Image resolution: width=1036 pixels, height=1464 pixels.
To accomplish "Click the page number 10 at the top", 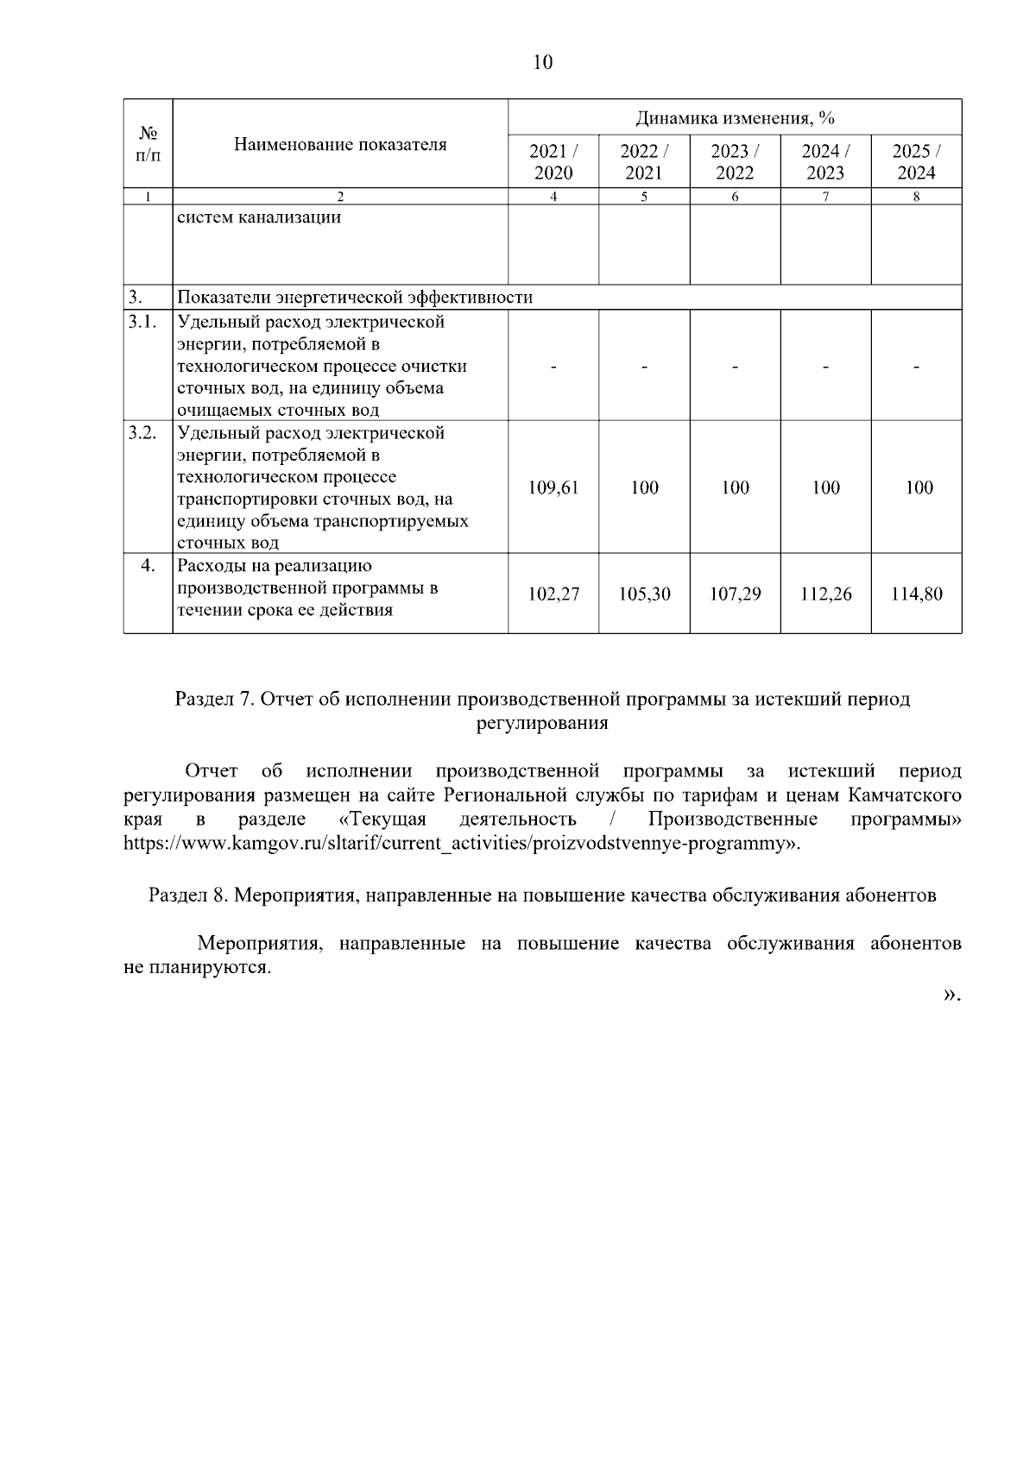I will point(542,62).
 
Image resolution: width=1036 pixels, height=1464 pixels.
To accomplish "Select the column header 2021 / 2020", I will point(553,161).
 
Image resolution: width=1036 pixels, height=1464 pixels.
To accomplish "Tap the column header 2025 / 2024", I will point(916,161).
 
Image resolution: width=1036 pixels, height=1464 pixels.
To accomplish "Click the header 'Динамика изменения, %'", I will point(735,117).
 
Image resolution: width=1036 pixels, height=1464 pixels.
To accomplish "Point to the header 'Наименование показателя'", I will point(340,144).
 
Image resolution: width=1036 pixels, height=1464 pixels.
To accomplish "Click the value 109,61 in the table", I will point(553,487).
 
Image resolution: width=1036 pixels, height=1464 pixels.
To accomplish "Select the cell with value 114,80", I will point(916,594).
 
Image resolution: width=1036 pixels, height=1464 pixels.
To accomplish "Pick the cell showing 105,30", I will point(644,594).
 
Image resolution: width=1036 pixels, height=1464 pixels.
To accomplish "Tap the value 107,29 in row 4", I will point(735,594).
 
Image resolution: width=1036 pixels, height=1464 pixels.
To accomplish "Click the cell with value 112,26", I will point(825,594).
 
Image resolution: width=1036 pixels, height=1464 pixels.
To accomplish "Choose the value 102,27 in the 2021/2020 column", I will point(553,594).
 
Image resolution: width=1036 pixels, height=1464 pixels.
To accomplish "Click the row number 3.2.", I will point(142,432).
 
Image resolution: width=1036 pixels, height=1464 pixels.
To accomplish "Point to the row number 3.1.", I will point(142,322).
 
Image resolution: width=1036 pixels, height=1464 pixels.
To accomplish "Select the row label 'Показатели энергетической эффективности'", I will point(355,298).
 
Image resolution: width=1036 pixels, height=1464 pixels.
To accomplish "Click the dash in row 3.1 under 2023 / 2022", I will point(735,367).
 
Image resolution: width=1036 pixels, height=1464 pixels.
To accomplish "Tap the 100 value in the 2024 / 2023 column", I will point(825,487).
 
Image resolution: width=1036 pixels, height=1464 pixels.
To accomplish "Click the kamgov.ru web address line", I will point(462,843).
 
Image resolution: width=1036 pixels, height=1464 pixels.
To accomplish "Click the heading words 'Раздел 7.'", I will point(214,699).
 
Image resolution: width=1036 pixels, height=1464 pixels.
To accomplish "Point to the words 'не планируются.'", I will point(198,967).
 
